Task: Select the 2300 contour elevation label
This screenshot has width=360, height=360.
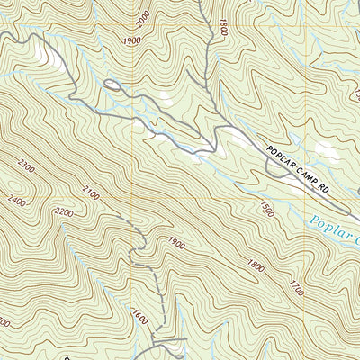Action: click(24, 166)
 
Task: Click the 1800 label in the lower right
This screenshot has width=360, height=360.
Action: click(256, 265)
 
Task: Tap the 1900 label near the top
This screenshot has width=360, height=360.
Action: click(130, 41)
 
